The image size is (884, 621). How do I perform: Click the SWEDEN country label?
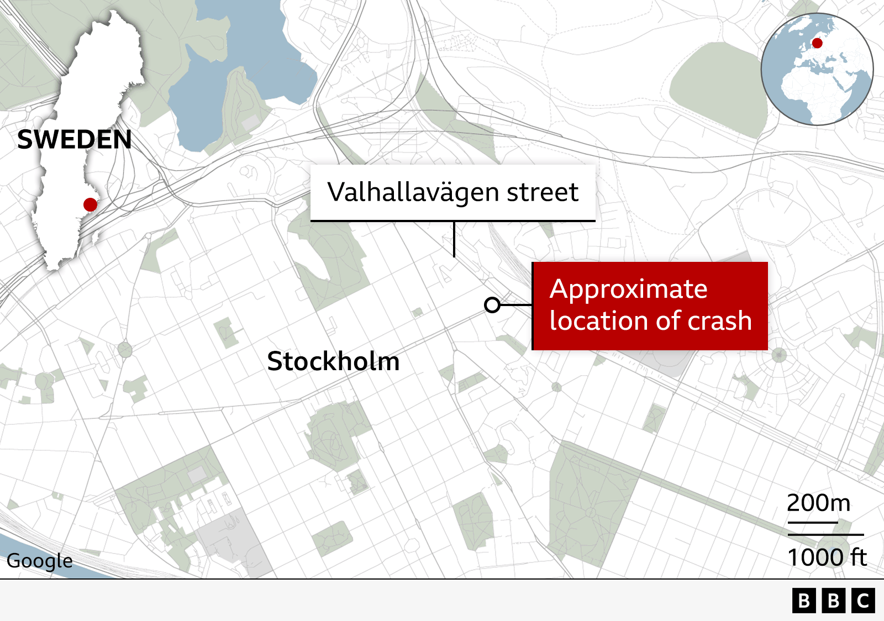(75, 140)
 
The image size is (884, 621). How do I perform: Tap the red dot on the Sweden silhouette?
(90, 204)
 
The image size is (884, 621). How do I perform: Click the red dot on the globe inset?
(817, 43)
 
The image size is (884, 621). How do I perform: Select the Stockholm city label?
(333, 361)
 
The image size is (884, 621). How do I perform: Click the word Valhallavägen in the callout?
(414, 192)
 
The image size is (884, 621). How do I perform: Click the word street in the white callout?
(543, 192)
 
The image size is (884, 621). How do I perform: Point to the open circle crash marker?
(492, 304)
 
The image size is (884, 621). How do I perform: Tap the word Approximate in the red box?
(628, 289)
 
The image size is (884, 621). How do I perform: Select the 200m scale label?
(818, 503)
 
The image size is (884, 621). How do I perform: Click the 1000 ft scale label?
(827, 557)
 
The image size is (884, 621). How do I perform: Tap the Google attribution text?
(40, 561)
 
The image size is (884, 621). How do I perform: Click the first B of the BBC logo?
(804, 601)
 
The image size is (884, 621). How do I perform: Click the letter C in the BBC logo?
(863, 601)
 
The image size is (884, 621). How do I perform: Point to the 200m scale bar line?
(813, 522)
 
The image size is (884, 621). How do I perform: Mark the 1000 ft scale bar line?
(825, 535)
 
